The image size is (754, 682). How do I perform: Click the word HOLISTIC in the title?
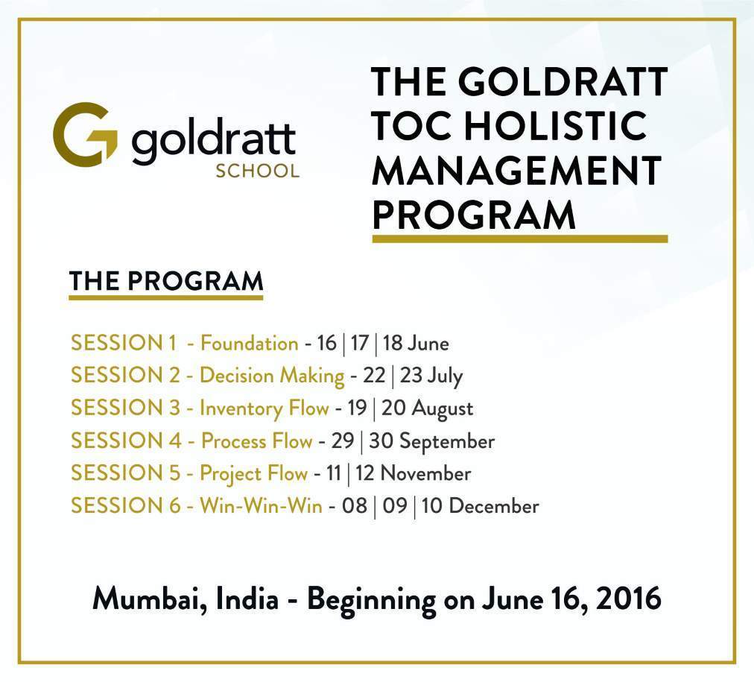coord(555,125)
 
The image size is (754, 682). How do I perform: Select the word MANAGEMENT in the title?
coord(517,170)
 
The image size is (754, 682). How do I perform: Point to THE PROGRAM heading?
coord(166,281)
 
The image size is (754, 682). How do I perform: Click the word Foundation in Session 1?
coord(249,344)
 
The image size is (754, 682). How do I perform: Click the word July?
coord(445,376)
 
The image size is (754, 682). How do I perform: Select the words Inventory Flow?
coord(264,408)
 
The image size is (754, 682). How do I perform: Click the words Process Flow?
coord(257,441)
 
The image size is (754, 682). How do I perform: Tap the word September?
coord(447,442)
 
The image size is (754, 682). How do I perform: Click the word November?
coord(425,474)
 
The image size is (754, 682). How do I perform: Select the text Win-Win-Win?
coord(261,506)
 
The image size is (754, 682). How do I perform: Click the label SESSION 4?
coord(127,441)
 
